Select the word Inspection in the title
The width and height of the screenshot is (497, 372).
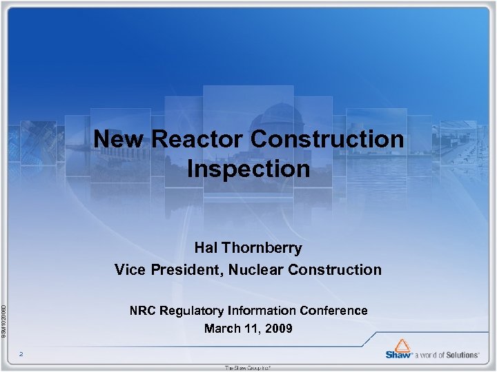(248, 169)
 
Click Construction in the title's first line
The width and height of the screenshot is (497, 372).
(327, 139)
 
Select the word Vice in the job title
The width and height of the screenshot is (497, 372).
(130, 269)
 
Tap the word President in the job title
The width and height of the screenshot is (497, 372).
(185, 269)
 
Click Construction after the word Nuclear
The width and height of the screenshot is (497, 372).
(335, 269)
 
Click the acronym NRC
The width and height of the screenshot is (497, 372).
(144, 311)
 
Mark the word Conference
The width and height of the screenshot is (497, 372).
(334, 311)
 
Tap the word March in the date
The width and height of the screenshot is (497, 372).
(222, 329)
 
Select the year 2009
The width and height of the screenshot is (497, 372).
(277, 329)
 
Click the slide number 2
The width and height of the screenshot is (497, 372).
(21, 354)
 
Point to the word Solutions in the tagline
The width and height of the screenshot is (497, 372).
(460, 355)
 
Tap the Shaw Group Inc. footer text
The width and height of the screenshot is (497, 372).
(248, 368)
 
